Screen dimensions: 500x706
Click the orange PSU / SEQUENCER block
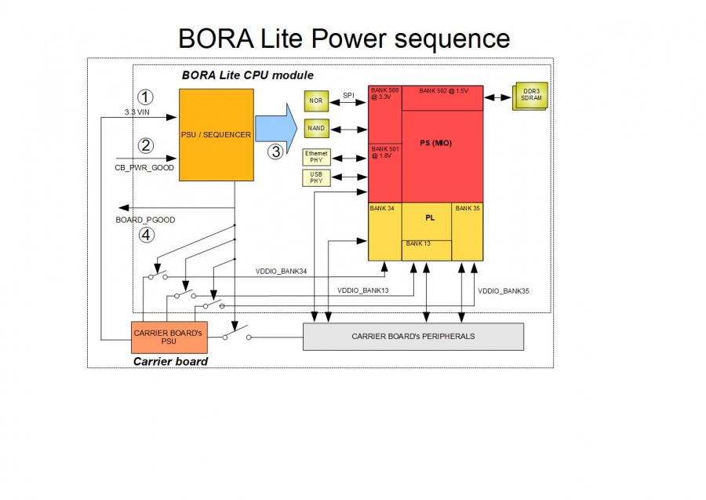pos(217,134)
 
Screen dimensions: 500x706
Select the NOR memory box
pos(317,100)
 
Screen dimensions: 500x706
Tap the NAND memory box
pos(317,128)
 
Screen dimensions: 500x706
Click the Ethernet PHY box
pos(317,156)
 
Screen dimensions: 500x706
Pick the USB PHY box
pos(317,177)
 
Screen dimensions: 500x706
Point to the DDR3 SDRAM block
pos(530,97)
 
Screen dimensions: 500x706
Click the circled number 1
pos(145,97)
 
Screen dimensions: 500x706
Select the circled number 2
pos(145,145)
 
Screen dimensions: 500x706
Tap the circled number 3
pos(275,151)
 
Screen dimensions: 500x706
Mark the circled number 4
pos(146,234)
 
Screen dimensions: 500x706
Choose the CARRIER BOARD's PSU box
pos(168,337)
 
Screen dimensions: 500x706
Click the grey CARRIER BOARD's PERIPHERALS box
pos(413,337)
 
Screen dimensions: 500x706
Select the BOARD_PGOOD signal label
pos(145,220)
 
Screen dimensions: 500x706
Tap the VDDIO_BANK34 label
pos(282,272)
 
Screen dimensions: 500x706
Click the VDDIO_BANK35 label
pos(504,291)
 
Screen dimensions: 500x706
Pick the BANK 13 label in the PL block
pos(417,244)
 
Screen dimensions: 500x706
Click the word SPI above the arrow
pos(348,96)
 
